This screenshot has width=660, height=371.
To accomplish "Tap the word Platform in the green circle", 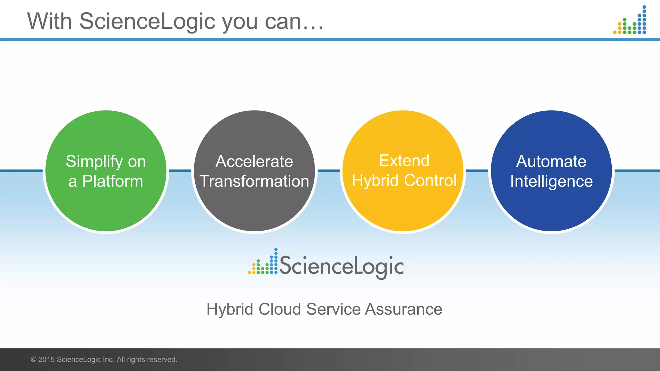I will tap(112, 181).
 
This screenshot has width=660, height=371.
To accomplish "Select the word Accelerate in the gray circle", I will tap(254, 161).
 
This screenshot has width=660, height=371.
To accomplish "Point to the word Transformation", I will tap(254, 181).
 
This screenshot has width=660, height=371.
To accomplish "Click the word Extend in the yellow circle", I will tap(404, 161).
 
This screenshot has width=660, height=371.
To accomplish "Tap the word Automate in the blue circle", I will tap(551, 161).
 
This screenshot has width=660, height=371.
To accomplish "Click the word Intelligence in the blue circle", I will tap(551, 181).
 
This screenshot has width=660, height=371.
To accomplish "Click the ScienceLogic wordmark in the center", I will tap(341, 266).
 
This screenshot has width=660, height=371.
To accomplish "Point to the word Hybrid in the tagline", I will tap(230, 309).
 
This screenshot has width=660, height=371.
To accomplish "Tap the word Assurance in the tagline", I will tap(403, 309).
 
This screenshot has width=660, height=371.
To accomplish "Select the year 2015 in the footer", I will tap(46, 360).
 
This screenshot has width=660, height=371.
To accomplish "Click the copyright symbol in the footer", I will tap(34, 360).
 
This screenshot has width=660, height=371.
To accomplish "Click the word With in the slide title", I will tap(49, 22).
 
